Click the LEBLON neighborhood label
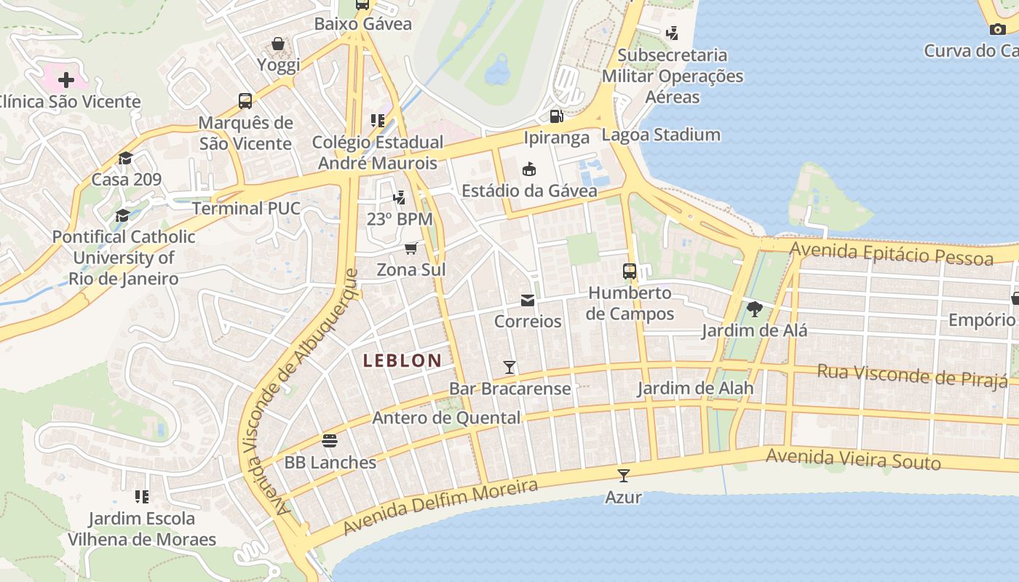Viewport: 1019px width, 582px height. click(403, 360)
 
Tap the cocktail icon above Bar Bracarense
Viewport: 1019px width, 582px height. click(509, 367)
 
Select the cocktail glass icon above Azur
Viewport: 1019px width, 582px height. click(623, 476)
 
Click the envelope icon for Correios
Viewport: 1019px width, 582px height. click(528, 300)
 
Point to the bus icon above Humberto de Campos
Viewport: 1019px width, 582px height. click(630, 271)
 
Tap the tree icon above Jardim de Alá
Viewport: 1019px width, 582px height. click(755, 309)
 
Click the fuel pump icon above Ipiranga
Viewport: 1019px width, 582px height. click(556, 116)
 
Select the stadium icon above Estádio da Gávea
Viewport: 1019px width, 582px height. click(529, 170)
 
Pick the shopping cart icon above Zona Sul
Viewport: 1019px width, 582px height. click(411, 249)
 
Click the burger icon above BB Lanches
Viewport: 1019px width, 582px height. click(330, 441)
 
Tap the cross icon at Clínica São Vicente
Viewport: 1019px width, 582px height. click(66, 79)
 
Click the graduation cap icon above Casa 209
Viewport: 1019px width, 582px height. click(126, 159)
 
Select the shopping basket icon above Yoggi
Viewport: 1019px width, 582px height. click(278, 44)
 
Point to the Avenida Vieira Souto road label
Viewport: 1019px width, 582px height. click(853, 459)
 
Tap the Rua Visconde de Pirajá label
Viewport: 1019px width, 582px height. click(912, 375)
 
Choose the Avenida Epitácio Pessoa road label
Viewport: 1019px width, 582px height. click(891, 254)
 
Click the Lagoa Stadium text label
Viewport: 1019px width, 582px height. click(661, 135)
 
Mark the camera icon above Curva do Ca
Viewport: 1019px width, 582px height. click(998, 29)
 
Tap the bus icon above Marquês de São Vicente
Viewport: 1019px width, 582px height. click(245, 101)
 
